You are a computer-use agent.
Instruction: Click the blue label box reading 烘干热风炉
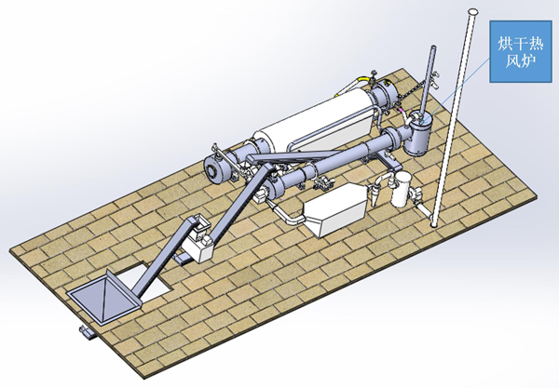(521, 51)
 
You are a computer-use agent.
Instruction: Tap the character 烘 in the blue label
(505, 44)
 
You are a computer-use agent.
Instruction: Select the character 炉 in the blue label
(528, 61)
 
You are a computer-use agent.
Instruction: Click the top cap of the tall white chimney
(473, 12)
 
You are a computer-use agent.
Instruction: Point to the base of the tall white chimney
(434, 223)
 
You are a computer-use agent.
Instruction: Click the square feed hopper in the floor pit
(103, 297)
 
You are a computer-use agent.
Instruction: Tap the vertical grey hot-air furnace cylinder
(419, 133)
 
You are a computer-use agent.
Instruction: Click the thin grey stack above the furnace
(428, 81)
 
